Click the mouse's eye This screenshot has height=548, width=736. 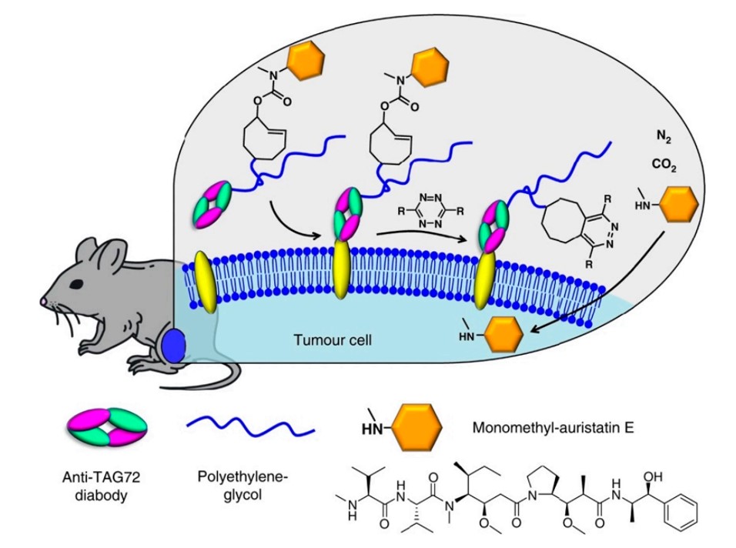pos(79,282)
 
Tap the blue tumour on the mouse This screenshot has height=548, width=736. pos(174,345)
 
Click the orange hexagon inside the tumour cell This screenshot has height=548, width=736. pos(502,337)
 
